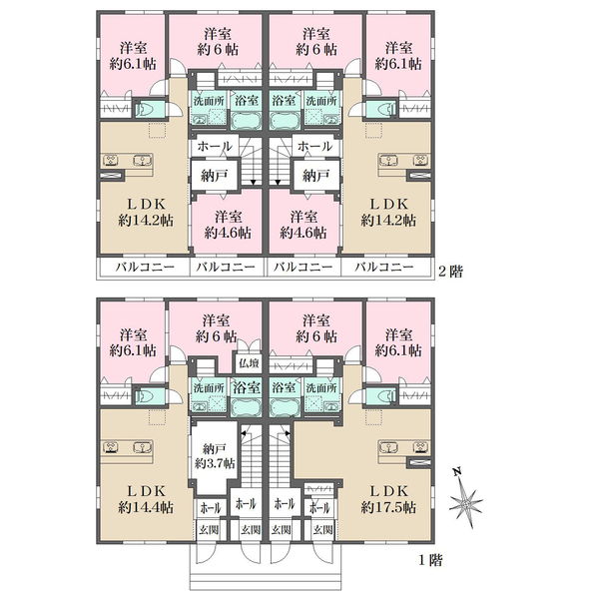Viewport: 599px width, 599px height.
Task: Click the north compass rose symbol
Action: [465, 500]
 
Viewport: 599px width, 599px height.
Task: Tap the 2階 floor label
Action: [450, 272]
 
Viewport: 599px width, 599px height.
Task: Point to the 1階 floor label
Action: [430, 560]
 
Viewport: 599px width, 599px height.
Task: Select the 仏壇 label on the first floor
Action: [249, 363]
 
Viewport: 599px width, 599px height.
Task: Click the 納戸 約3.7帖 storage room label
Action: [215, 456]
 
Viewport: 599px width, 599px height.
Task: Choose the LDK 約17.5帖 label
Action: [388, 499]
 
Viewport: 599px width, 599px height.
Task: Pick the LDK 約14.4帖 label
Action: [146, 499]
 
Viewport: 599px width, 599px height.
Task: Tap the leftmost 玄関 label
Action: [209, 530]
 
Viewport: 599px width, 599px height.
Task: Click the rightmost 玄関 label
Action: [322, 530]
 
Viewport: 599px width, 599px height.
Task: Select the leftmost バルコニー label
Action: [145, 267]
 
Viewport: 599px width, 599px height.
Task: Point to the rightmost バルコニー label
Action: [384, 267]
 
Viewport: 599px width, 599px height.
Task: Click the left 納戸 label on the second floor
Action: [215, 176]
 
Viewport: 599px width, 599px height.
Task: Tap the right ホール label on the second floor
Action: [314, 147]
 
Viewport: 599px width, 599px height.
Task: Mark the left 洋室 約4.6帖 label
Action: [228, 225]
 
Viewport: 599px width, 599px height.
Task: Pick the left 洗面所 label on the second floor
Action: [209, 101]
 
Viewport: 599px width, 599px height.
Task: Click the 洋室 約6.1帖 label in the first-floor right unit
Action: [398, 342]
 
